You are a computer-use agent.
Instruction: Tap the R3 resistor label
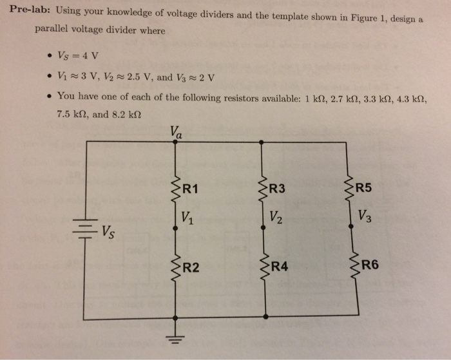[277, 189]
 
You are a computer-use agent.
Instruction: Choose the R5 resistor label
[364, 189]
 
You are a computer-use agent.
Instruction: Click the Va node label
[177, 131]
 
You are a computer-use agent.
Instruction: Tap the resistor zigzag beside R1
[175, 189]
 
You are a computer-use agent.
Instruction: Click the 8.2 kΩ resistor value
[123, 116]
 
